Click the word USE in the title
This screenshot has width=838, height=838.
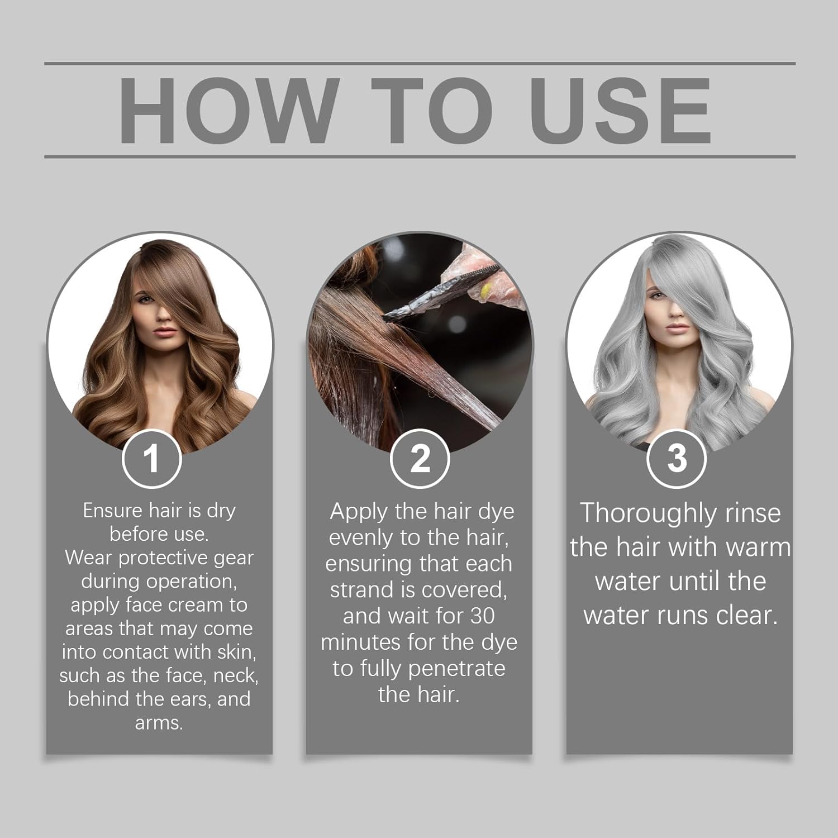(x=620, y=111)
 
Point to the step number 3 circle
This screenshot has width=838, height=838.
(x=677, y=458)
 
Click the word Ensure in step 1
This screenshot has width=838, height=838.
(x=113, y=511)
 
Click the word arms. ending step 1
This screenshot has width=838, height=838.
(x=159, y=723)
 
